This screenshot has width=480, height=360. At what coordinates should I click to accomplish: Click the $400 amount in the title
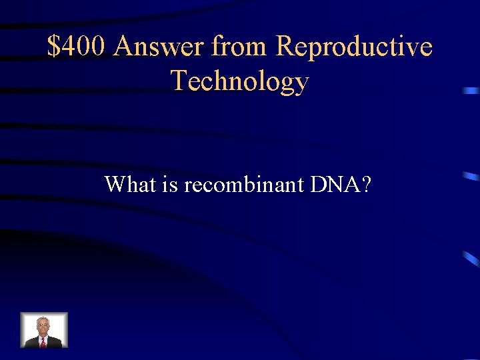77,47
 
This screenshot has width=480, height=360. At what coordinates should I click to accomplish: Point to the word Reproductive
354,47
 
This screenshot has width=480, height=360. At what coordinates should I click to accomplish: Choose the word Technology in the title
240,81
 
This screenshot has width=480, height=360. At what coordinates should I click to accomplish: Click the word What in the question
129,184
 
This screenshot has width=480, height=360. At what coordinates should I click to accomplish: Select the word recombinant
243,184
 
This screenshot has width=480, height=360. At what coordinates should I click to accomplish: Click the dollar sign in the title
54,47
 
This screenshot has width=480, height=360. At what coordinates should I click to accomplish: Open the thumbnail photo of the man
44,330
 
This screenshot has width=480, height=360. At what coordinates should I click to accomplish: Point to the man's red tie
43,341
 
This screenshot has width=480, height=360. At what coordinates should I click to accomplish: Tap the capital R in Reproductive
285,47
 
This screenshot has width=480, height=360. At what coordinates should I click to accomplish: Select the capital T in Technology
179,81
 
